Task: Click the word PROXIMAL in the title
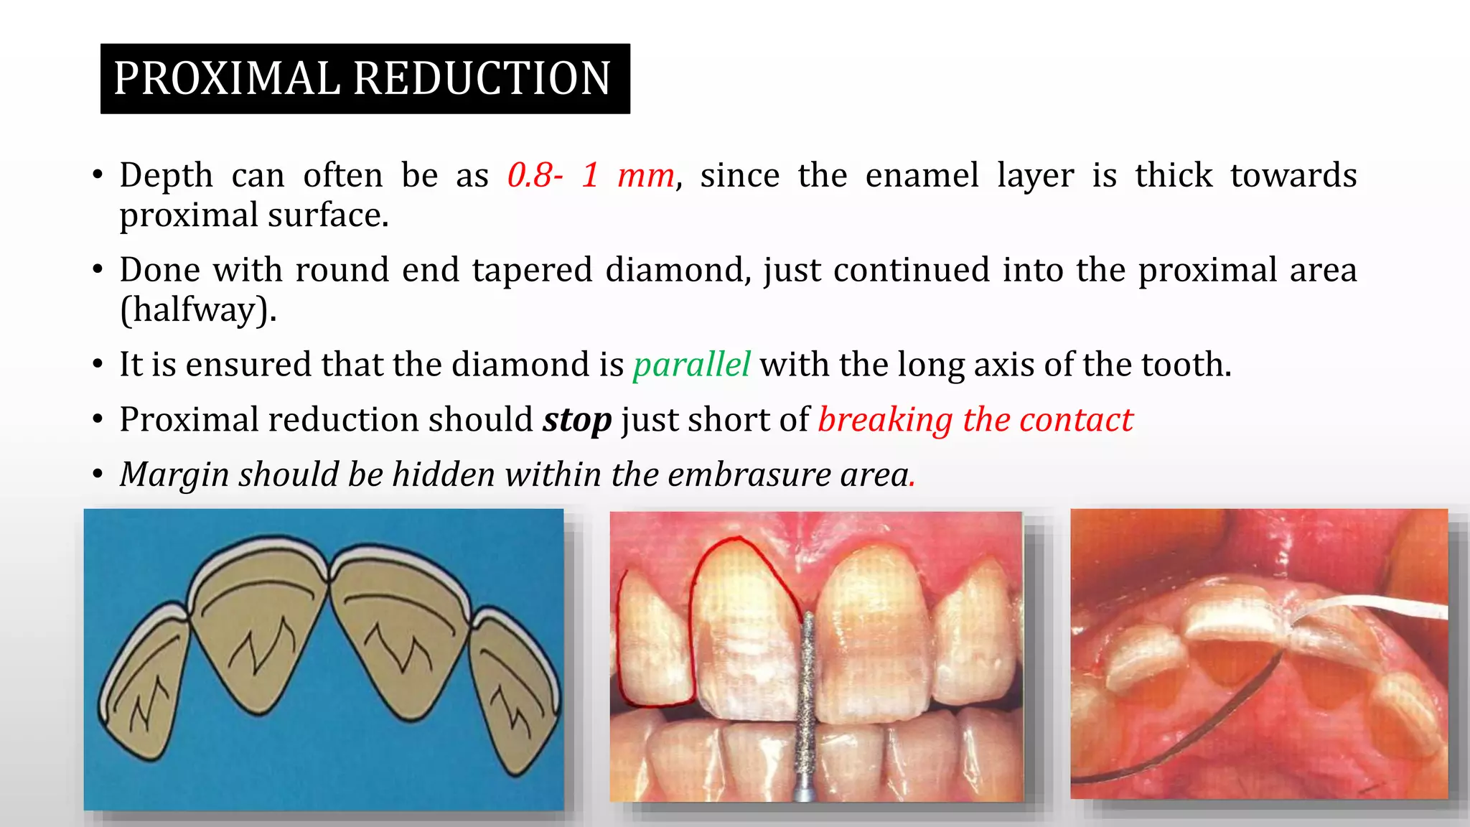tap(226, 78)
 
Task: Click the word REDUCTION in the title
tap(482, 78)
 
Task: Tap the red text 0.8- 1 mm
tap(591, 175)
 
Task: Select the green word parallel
tap(691, 365)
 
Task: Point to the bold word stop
tap(577, 420)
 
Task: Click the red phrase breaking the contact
tap(975, 420)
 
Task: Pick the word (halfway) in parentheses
tap(198, 310)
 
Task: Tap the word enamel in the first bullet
tap(922, 175)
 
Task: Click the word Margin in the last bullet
tap(174, 475)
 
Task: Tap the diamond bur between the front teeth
tap(808, 704)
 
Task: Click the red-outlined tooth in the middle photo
tap(743, 625)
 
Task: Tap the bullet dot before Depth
tap(98, 176)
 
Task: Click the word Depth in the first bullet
tap(167, 175)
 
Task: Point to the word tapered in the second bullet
tap(532, 271)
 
